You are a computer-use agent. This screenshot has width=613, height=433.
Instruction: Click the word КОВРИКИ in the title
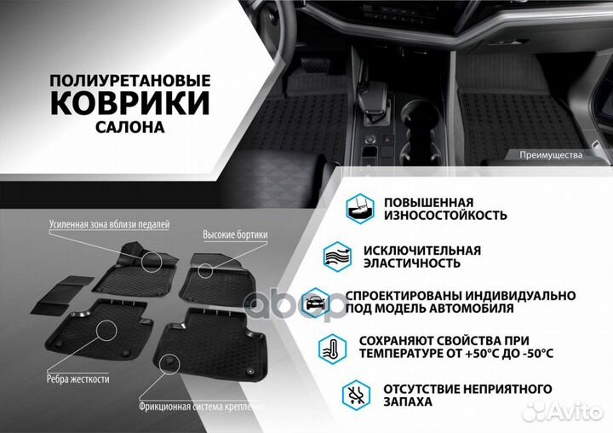(129, 103)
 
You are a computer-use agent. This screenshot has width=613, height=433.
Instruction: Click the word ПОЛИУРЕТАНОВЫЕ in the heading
(129, 79)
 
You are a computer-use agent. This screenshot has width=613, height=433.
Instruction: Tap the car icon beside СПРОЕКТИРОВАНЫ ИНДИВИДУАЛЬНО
(316, 300)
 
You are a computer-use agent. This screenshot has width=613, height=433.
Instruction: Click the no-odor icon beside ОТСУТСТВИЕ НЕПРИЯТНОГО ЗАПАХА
(357, 395)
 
